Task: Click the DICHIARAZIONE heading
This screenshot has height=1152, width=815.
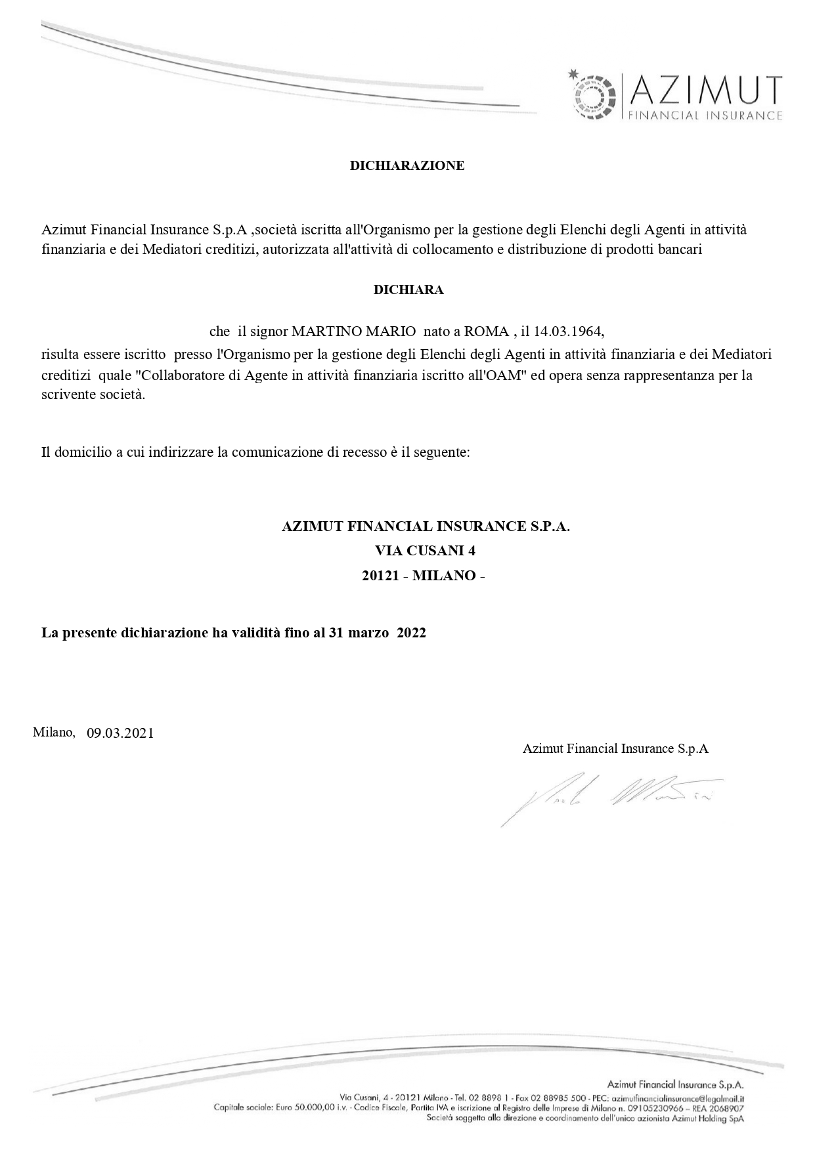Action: tap(407, 165)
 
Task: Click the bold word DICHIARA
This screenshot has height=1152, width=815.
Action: tap(408, 289)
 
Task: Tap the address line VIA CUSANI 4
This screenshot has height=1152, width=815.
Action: tap(425, 550)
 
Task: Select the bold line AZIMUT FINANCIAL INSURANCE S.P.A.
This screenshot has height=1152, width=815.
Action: tap(425, 526)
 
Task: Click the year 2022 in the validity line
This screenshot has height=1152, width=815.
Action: tap(411, 633)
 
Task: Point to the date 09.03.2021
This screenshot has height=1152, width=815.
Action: tap(120, 733)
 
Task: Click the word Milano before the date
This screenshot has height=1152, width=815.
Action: tap(53, 732)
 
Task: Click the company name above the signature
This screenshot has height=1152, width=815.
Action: tap(615, 748)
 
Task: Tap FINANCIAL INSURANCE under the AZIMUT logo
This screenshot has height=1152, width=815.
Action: tap(705, 116)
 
